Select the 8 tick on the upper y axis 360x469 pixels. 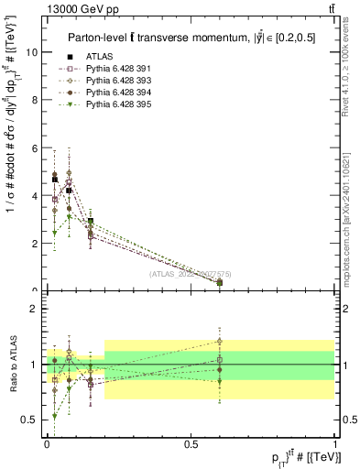pyautogui.click(x=34, y=100)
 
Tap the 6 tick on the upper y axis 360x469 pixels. pyautogui.click(x=34, y=147)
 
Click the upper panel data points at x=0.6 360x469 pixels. pyautogui.click(x=220, y=282)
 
